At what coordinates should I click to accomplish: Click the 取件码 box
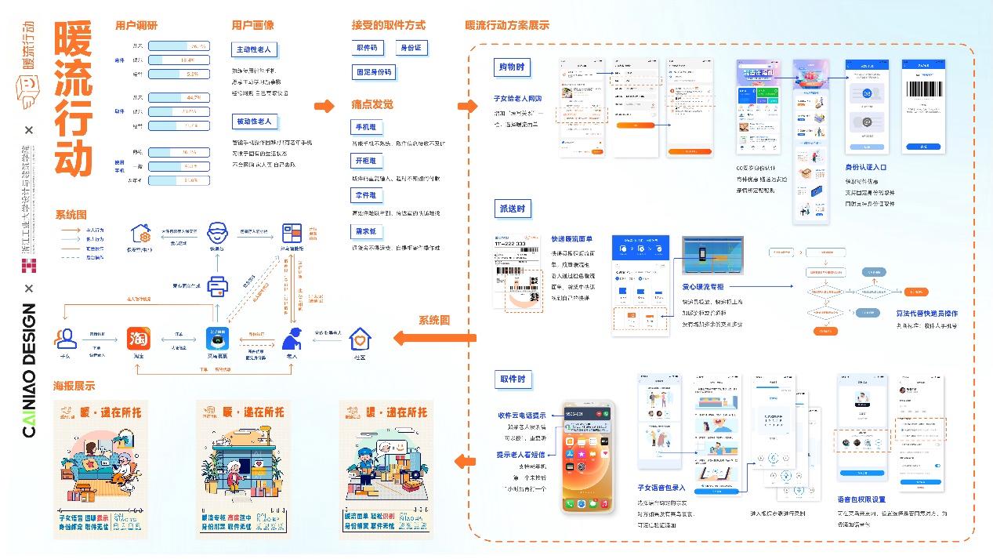point(367,49)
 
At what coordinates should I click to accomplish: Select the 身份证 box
point(411,49)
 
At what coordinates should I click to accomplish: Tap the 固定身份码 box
point(374,72)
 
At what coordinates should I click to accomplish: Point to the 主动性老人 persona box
point(254,50)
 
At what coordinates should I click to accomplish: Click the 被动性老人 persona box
point(254,122)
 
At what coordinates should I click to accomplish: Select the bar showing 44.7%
point(178,99)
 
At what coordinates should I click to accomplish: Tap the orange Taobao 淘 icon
point(140,339)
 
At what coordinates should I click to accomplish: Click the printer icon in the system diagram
point(217,286)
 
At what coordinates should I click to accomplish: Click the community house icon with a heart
point(359,339)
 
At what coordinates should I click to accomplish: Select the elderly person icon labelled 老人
point(292,339)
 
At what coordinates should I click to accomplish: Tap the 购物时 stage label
point(511,67)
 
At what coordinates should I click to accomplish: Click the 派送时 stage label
point(511,209)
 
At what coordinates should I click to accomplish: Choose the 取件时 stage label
point(511,380)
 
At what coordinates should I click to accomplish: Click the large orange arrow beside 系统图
point(420,339)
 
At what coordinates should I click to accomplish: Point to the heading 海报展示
point(74,386)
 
